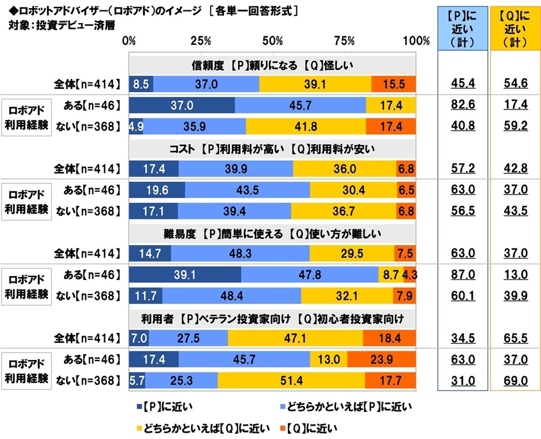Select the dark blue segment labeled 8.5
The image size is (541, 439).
pyautogui.click(x=141, y=84)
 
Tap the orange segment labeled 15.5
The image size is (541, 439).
pyautogui.click(x=393, y=84)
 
